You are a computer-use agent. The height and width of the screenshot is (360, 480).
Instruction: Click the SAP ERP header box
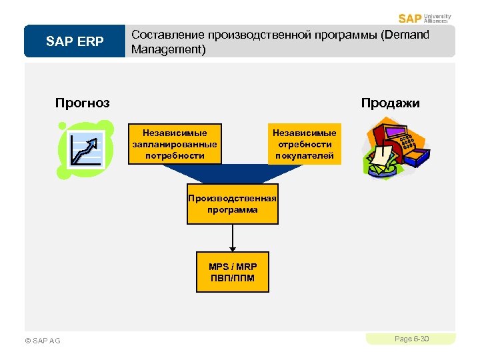pos(75,42)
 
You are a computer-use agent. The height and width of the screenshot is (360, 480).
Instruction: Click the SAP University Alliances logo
pos(425,18)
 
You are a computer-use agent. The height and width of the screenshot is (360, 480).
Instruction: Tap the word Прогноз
pos(83,103)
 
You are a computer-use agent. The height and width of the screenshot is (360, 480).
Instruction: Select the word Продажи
pos(391,103)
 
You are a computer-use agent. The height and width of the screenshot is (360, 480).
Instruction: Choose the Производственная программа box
pos(232,204)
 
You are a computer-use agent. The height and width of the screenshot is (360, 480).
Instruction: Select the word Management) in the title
pos(169,49)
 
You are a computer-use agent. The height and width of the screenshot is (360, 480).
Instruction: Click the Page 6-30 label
pos(411,339)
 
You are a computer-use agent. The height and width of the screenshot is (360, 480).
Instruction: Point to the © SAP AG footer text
pos(42,341)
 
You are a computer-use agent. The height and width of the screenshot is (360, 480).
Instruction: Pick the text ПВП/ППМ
pos(232,278)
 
